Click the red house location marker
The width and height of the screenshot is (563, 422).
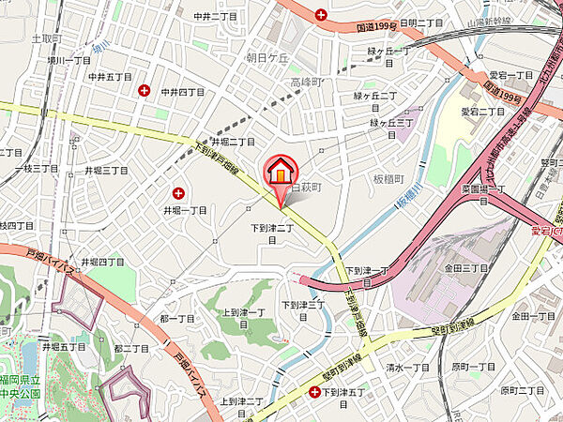(x=280, y=173)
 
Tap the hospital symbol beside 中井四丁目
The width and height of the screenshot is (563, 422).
(x=145, y=91)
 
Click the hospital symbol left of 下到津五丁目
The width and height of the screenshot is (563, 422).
(x=313, y=391)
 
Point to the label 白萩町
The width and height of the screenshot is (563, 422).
(x=307, y=188)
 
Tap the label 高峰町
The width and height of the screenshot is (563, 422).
(x=306, y=83)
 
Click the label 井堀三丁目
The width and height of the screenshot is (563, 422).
(x=106, y=170)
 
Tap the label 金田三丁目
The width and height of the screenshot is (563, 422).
(x=466, y=268)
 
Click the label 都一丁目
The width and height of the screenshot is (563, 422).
(x=176, y=318)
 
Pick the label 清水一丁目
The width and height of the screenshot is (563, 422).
(x=408, y=368)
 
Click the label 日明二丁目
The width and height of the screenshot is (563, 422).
(x=420, y=22)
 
